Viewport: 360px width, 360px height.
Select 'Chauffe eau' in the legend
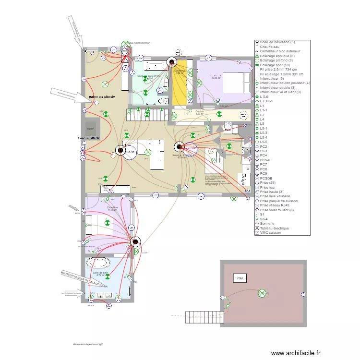click(271, 47)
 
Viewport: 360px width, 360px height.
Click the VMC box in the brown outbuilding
click(239, 278)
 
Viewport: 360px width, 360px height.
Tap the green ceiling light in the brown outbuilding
click(263, 293)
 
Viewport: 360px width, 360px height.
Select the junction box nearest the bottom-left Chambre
click(136, 242)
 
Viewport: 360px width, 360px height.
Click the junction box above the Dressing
click(171, 62)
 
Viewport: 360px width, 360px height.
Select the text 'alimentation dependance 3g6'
click(88, 344)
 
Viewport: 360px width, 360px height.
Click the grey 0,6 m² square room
click(90, 129)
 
